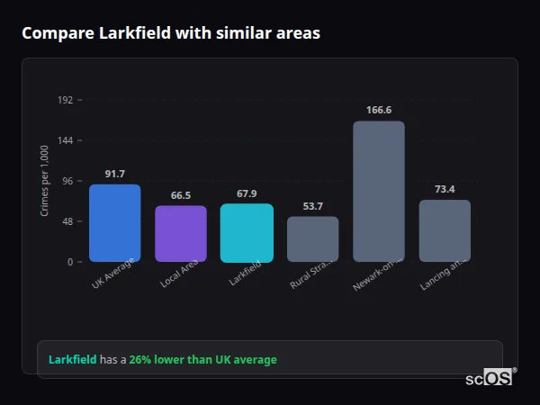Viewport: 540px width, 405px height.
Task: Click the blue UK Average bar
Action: pyautogui.click(x=114, y=223)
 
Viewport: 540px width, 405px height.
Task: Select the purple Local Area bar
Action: pyautogui.click(x=181, y=234)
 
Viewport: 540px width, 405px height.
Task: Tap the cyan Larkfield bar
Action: pyautogui.click(x=247, y=233)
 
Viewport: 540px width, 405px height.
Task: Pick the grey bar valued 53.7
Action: pyautogui.click(x=312, y=239)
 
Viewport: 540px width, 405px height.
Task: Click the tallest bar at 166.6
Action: pyautogui.click(x=379, y=192)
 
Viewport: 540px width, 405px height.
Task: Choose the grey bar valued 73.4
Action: pyautogui.click(x=445, y=231)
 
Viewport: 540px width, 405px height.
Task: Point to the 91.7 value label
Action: pyautogui.click(x=114, y=174)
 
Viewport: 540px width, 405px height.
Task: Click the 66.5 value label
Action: pyautogui.click(x=181, y=195)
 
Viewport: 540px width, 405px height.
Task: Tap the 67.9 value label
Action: pyautogui.click(x=247, y=193)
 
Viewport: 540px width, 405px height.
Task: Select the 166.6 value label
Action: pyautogui.click(x=379, y=110)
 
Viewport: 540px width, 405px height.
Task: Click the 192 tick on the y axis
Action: pyautogui.click(x=65, y=100)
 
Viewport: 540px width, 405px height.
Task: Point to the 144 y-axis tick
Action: pyautogui.click(x=65, y=140)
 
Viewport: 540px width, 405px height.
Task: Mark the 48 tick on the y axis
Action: pyautogui.click(x=67, y=221)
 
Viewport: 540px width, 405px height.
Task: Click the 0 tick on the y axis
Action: pyautogui.click(x=69, y=262)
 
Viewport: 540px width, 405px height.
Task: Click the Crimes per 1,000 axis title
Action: pyautogui.click(x=45, y=181)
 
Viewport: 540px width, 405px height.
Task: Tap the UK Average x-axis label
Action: pyautogui.click(x=113, y=274)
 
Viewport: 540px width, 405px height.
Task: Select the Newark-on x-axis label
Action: pyautogui.click(x=373, y=274)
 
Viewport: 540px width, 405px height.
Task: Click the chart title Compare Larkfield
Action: pyautogui.click(x=171, y=33)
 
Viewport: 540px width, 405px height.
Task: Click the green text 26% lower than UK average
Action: pyautogui.click(x=202, y=360)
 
